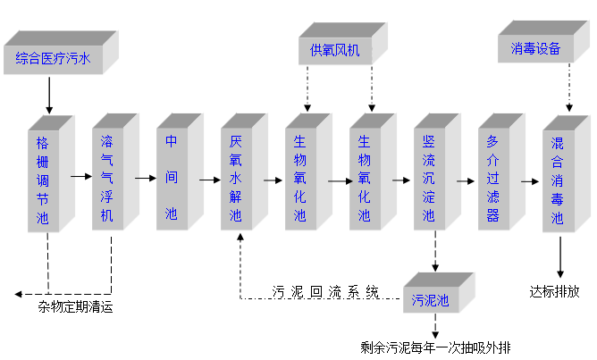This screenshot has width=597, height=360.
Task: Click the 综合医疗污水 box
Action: [55, 61]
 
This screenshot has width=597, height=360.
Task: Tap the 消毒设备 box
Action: [535, 49]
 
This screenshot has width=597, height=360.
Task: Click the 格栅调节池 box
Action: [43, 179]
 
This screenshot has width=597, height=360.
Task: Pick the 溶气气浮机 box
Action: [107, 179]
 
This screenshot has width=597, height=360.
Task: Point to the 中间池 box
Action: [171, 179]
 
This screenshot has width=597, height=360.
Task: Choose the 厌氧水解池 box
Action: [236, 179]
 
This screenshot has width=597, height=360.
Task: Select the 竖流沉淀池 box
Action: [429, 179]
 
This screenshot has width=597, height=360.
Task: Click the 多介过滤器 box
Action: [492, 179]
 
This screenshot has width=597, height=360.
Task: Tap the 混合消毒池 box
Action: [557, 179]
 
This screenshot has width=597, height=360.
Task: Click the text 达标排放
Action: [554, 291]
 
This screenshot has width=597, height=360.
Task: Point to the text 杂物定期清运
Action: [75, 308]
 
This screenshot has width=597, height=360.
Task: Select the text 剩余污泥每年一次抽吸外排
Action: [435, 347]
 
